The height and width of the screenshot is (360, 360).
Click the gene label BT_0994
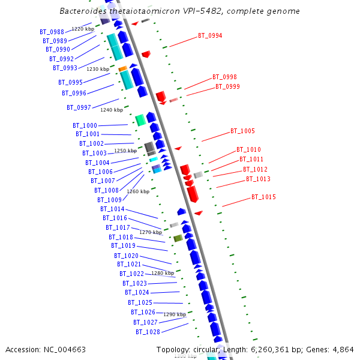pos(210,35)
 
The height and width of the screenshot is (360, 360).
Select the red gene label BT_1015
pos(263,197)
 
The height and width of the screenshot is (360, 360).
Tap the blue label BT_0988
pos(52,32)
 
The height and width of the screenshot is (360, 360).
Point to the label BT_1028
pos(148,332)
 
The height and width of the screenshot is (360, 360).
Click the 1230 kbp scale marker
pos(98,69)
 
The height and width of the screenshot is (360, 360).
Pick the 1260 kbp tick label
pos(138,191)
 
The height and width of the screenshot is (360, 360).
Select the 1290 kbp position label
pos(175,314)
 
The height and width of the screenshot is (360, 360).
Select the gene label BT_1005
pos(242,131)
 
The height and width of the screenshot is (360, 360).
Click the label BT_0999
pos(227,86)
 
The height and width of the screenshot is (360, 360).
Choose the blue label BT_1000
pos(85,125)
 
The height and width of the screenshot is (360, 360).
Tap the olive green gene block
pos(178,238)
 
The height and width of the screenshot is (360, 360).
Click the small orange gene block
pos(122,69)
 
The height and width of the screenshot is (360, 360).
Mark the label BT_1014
pos(112,209)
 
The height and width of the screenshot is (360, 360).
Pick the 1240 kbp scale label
pos(112,110)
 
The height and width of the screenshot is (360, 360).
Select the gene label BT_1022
pos(131,274)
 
